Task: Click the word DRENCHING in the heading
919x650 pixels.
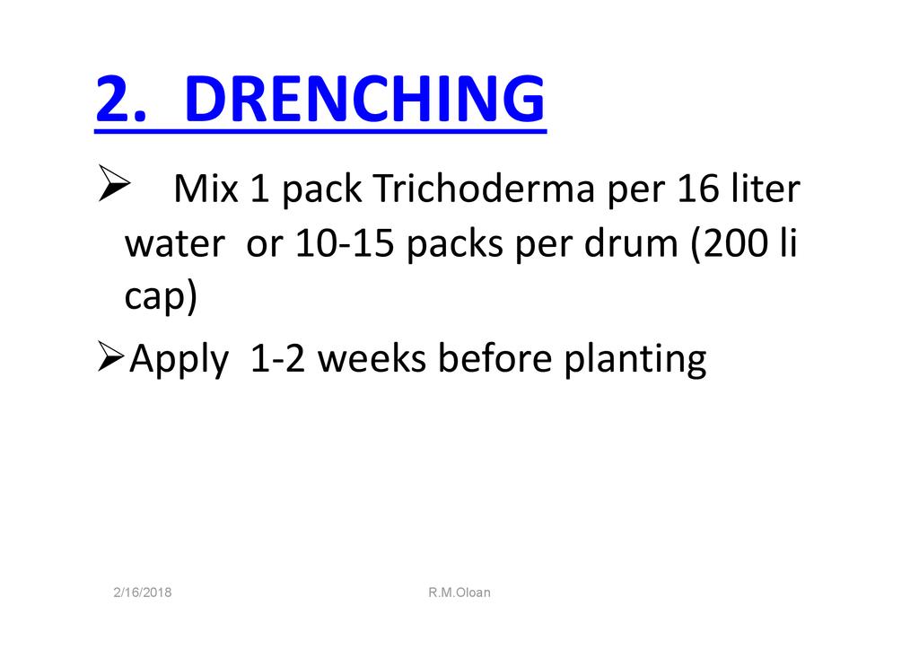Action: click(x=364, y=99)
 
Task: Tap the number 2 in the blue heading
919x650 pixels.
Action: click(x=114, y=99)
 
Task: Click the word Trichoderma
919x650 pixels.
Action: click(x=484, y=189)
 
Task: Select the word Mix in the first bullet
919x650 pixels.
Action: click(x=206, y=189)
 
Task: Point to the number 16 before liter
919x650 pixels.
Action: click(x=698, y=189)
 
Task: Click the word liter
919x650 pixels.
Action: click(x=766, y=189)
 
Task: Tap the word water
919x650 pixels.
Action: click(x=175, y=242)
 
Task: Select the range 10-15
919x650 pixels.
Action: click(x=344, y=242)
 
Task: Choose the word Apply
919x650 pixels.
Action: click(x=179, y=359)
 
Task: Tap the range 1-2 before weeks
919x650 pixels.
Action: click(x=277, y=358)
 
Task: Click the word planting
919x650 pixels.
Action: click(x=635, y=359)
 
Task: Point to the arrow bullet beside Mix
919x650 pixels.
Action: click(x=114, y=183)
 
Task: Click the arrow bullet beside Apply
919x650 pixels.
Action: click(x=110, y=356)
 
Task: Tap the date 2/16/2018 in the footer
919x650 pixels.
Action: click(x=143, y=592)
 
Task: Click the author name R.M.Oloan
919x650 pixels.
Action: click(x=459, y=592)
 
